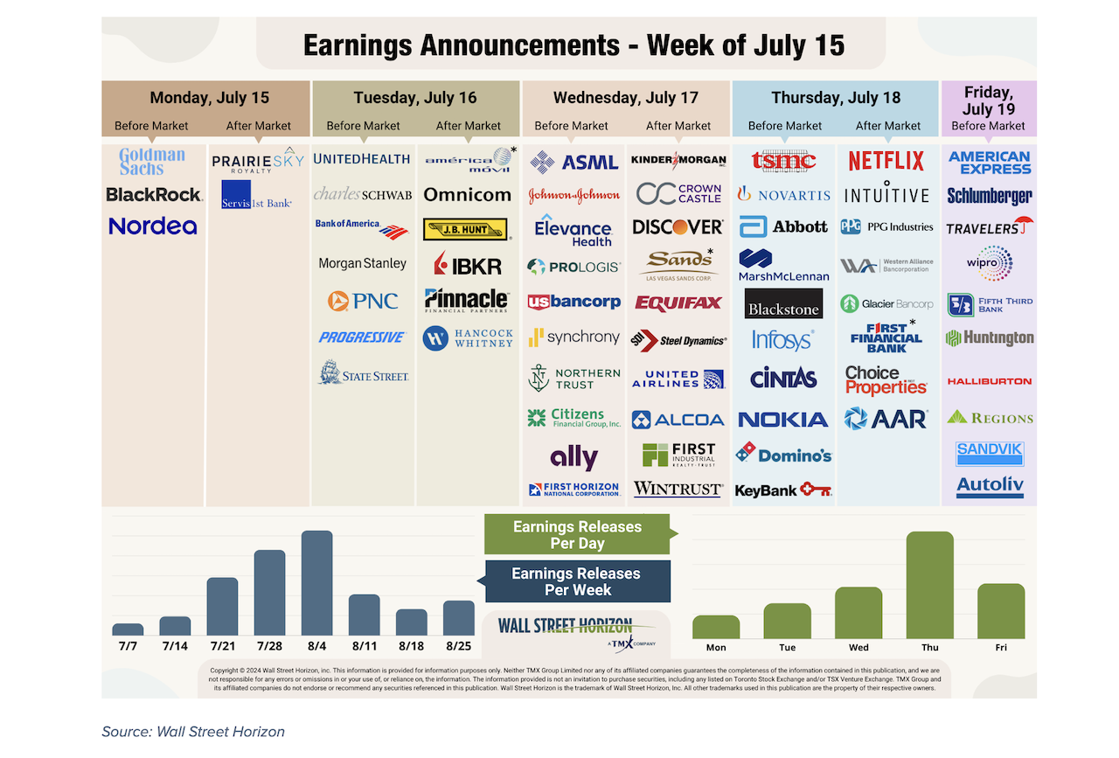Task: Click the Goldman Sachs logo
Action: click(x=152, y=162)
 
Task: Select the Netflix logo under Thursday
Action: click(x=886, y=161)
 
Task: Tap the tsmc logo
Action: click(x=783, y=161)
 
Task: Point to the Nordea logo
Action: click(x=153, y=226)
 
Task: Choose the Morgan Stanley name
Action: click(x=362, y=263)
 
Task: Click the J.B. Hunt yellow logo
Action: click(x=465, y=230)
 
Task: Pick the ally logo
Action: click(x=573, y=456)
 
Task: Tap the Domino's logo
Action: click(x=783, y=454)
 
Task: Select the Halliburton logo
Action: click(x=990, y=381)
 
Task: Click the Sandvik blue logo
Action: click(x=990, y=451)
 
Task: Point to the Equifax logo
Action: click(x=678, y=303)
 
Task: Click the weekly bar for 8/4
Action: click(x=316, y=583)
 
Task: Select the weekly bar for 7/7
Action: click(x=128, y=629)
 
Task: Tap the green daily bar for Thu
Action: click(x=929, y=585)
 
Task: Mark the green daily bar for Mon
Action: click(x=716, y=627)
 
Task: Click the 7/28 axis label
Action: click(x=269, y=645)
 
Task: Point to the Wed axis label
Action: click(x=858, y=647)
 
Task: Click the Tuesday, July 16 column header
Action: click(x=415, y=98)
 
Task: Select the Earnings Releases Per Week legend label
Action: click(x=576, y=581)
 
